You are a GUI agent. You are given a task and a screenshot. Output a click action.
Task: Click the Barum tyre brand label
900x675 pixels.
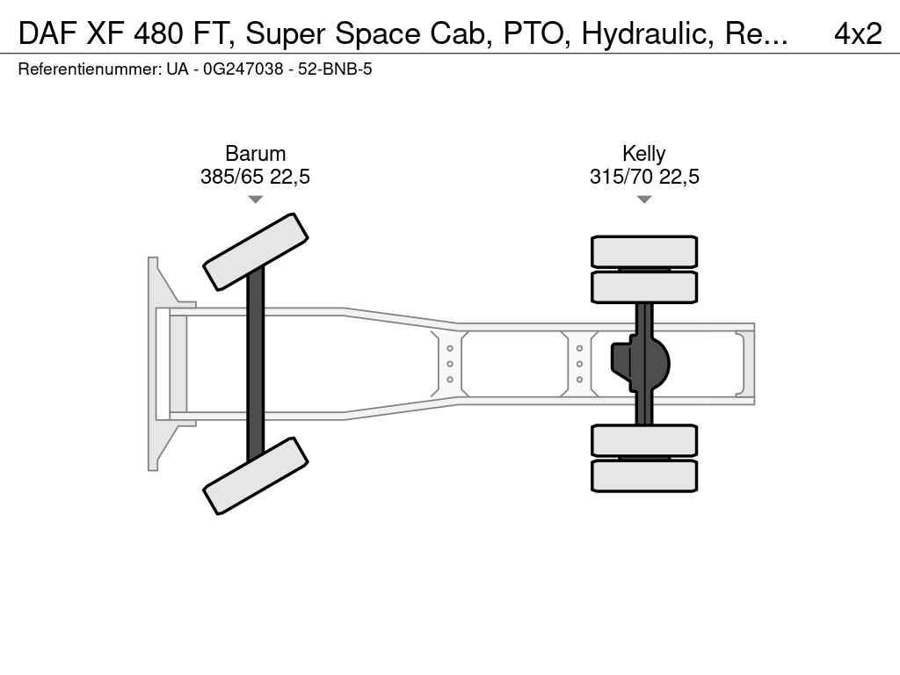pos(255,154)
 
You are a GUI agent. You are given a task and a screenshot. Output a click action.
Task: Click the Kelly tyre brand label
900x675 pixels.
pos(644,154)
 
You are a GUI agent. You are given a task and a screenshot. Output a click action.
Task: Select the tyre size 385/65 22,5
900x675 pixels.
pos(255,176)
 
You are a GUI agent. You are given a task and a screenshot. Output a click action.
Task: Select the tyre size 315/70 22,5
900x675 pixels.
pos(644,176)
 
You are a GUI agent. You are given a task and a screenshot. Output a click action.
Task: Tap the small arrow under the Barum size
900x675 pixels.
pos(256,200)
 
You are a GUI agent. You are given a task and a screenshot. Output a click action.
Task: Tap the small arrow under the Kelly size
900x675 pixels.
pos(644,200)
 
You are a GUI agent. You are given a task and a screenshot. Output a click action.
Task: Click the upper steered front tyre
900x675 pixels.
pos(256,251)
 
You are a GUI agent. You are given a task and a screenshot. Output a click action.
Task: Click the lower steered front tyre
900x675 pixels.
pos(256,475)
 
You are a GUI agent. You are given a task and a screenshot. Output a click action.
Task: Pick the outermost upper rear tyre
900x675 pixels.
pos(644,251)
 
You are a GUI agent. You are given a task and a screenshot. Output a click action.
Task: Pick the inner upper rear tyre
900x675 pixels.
pos(644,287)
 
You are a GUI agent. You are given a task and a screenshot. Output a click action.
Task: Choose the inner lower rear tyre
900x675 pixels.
pos(644,440)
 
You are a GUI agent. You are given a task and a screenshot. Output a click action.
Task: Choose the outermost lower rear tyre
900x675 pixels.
pos(644,475)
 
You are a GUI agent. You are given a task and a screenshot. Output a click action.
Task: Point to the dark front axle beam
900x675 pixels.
pos(256,364)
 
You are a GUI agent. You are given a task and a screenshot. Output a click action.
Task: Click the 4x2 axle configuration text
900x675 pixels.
pos(858,33)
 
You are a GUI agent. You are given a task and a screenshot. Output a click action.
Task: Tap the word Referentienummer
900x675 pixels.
pos(90,69)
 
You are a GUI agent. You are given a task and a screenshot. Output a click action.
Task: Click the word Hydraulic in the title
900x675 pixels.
pos(648,34)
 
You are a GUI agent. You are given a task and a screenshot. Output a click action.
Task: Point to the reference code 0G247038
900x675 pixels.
pos(243,69)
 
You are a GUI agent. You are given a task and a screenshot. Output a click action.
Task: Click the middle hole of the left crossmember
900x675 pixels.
pos(450,364)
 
